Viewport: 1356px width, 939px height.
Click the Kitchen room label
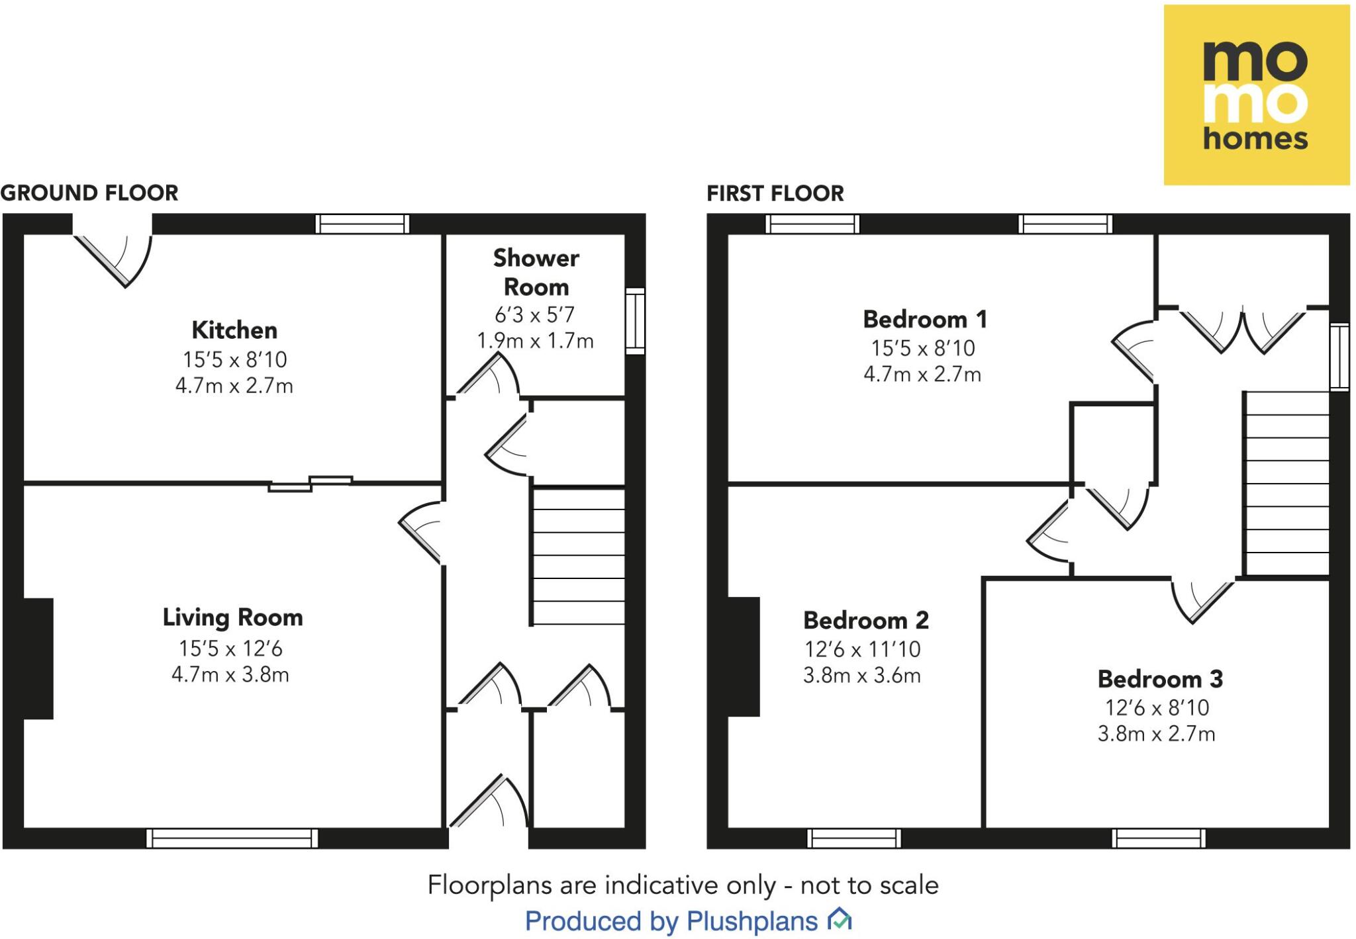pyautogui.click(x=234, y=330)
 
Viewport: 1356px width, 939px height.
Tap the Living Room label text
pyautogui.click(x=233, y=617)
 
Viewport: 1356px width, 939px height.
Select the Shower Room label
pyautogui.click(x=536, y=272)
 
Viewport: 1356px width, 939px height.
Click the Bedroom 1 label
pyautogui.click(x=924, y=319)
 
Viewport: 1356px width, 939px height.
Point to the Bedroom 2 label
pyautogui.click(x=865, y=620)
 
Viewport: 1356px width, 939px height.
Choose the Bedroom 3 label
pyautogui.click(x=1160, y=679)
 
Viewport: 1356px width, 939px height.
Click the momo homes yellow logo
pyautogui.click(x=1256, y=95)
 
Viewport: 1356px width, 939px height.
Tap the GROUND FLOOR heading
pyautogui.click(x=89, y=193)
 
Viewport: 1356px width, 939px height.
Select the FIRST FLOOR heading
pyautogui.click(x=775, y=193)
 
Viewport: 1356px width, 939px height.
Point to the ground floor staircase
pyautogui.click(x=578, y=556)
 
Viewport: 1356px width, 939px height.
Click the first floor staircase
pyautogui.click(x=1286, y=483)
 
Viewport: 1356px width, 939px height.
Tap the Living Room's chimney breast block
pyautogui.click(x=38, y=658)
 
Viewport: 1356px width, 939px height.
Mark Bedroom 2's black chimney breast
pyautogui.click(x=743, y=656)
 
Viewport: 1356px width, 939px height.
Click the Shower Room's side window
pyautogui.click(x=635, y=320)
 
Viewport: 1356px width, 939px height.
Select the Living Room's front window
pyautogui.click(x=232, y=838)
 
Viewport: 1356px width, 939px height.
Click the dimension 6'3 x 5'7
pyautogui.click(x=534, y=314)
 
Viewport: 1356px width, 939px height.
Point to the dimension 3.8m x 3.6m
pyautogui.click(x=861, y=676)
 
